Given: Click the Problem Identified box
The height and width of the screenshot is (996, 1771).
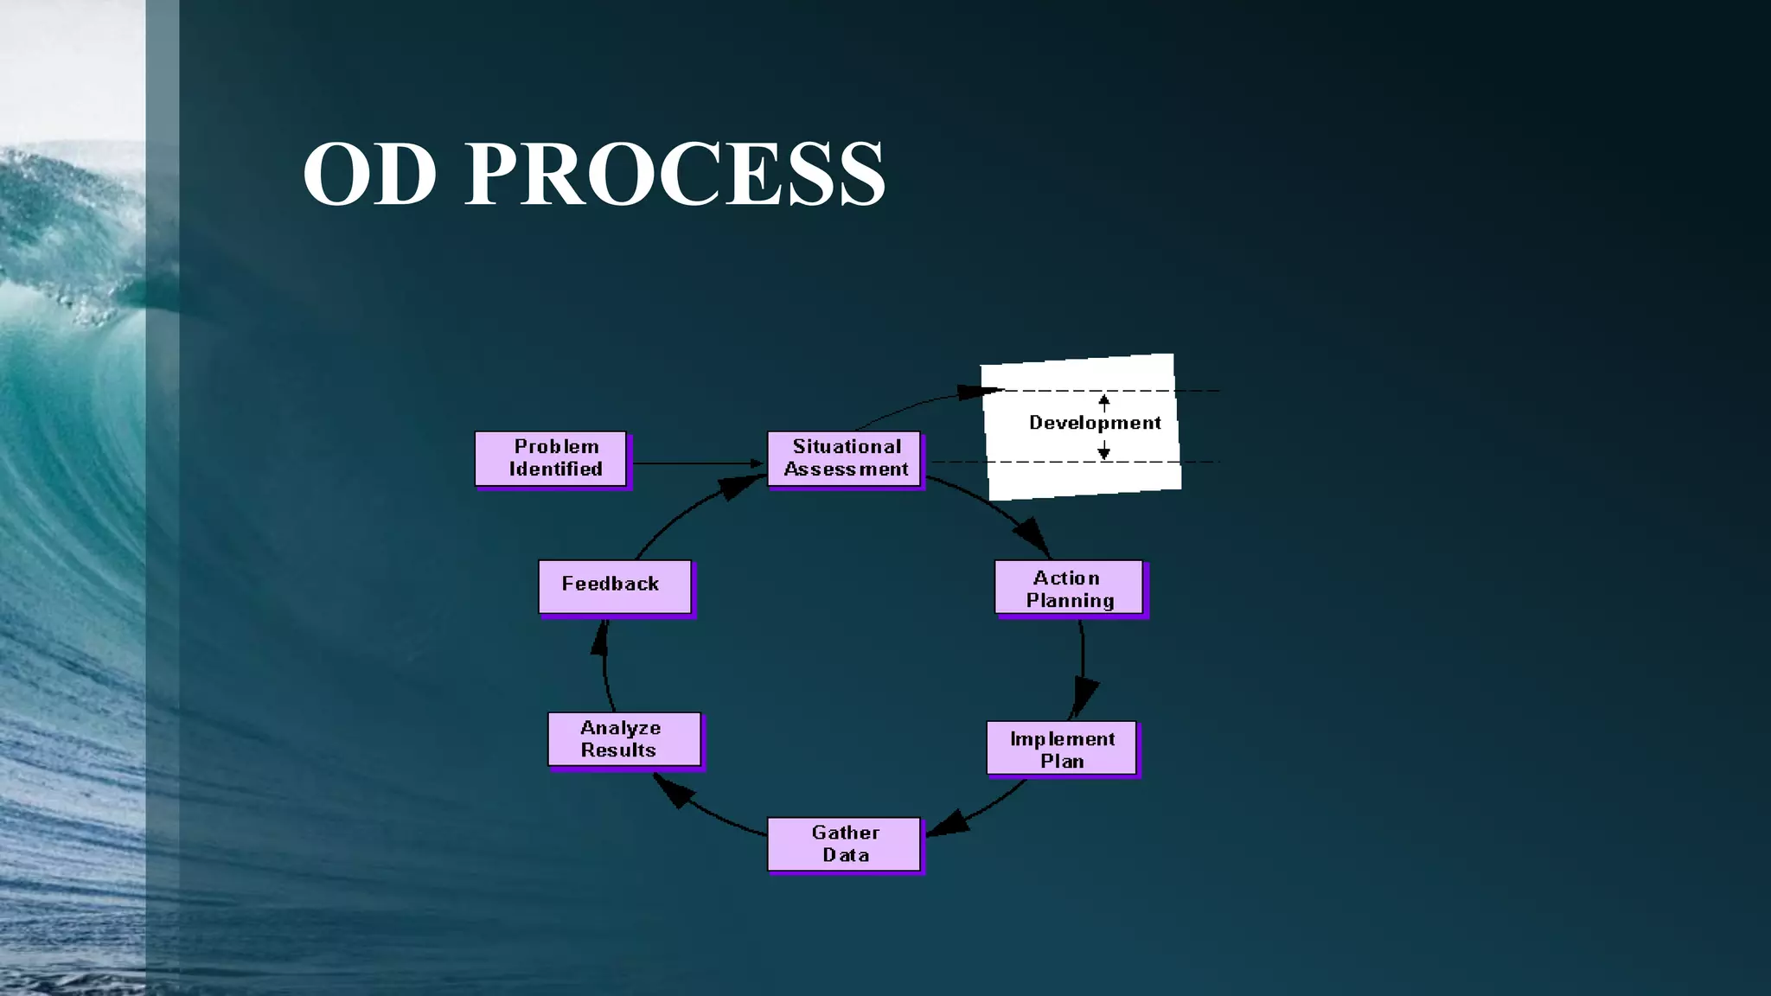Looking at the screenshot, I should click(551, 459).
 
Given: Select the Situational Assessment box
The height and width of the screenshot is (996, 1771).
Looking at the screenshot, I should click(844, 459).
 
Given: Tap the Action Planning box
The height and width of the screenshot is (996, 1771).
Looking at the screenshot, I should click(1069, 589).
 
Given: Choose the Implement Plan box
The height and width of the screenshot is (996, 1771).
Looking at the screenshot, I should click(1062, 749).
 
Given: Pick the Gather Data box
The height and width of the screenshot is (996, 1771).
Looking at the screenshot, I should click(844, 844).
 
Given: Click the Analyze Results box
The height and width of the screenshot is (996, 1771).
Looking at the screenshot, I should click(624, 739).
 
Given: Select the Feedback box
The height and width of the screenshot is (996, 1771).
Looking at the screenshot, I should click(615, 586).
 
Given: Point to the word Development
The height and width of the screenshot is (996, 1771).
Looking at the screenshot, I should click(1095, 423).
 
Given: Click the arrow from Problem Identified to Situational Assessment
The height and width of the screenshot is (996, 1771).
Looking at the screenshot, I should click(696, 463).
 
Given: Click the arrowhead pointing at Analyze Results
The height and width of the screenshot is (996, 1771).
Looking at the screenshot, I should click(673, 790).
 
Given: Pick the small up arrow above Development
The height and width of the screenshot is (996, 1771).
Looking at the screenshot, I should click(1104, 401).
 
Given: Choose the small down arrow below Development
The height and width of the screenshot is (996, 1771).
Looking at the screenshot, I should click(1104, 451).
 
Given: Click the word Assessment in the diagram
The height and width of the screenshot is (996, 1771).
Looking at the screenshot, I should click(846, 469).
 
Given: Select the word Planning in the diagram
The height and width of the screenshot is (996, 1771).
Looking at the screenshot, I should click(1070, 601).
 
